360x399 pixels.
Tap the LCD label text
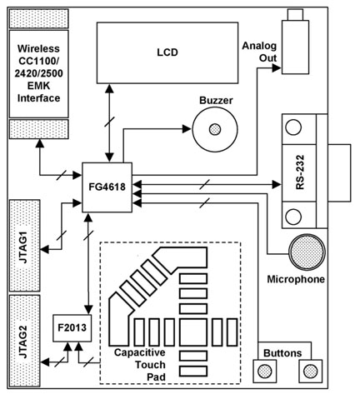click(167, 52)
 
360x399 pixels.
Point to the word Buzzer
click(215, 100)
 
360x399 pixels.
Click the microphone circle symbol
click(307, 250)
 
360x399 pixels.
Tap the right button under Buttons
click(311, 369)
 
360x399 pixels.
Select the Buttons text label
click(286, 352)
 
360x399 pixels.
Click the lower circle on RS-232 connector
click(293, 217)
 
